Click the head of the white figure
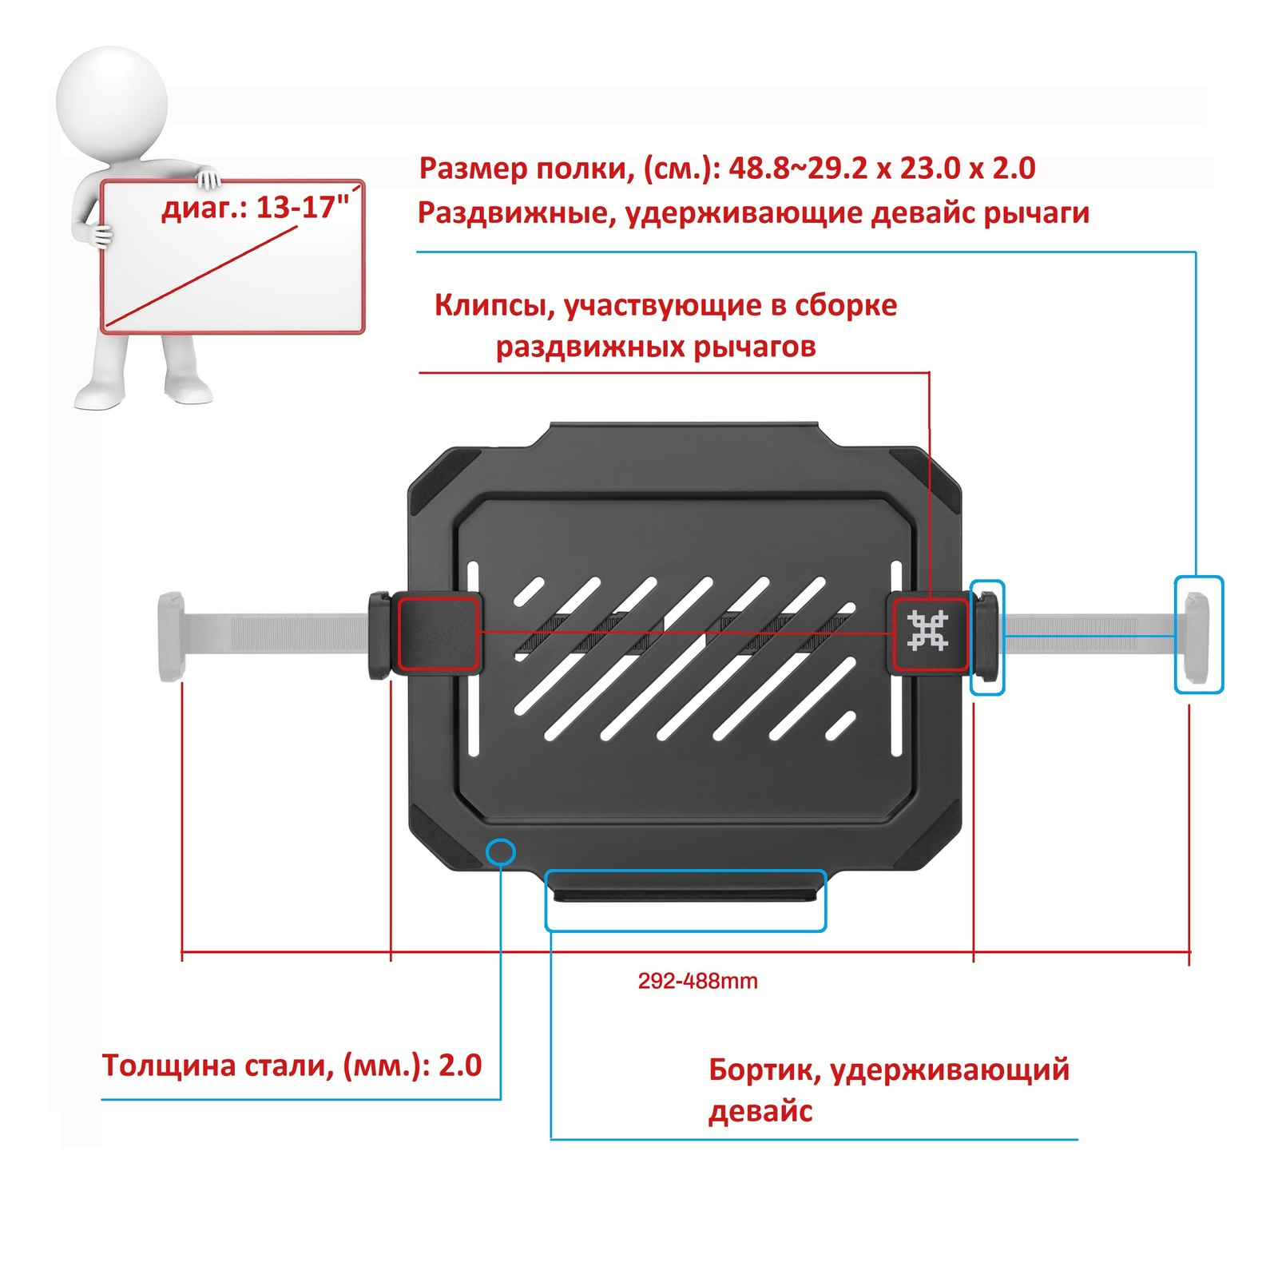(x=112, y=101)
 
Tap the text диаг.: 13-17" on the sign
(x=256, y=208)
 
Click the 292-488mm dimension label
(x=697, y=981)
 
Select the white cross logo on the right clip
(x=927, y=631)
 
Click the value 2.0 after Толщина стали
(x=460, y=1066)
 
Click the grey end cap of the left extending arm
(x=171, y=637)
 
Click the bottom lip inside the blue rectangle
(x=685, y=887)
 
